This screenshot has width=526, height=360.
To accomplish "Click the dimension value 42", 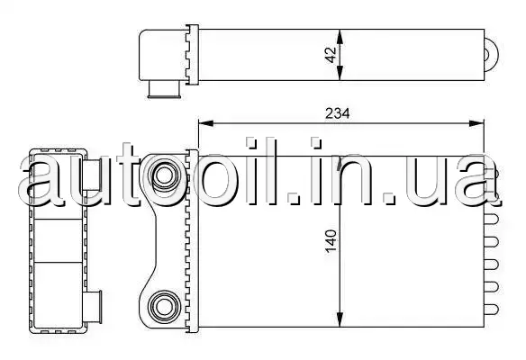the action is tap(331, 55).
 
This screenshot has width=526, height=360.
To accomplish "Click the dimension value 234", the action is tap(337, 113).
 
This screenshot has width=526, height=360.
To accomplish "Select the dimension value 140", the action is tap(331, 241).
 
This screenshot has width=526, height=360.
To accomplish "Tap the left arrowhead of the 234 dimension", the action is tap(206, 123).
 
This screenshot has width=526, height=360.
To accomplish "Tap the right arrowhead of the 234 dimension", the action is tap(476, 123).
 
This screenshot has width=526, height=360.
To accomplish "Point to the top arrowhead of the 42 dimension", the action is tap(340, 37).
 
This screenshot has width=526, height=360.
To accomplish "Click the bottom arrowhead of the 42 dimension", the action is tap(340, 73).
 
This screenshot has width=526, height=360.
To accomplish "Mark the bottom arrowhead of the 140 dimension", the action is tap(340, 319).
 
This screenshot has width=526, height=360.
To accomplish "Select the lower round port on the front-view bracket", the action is tap(164, 307).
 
